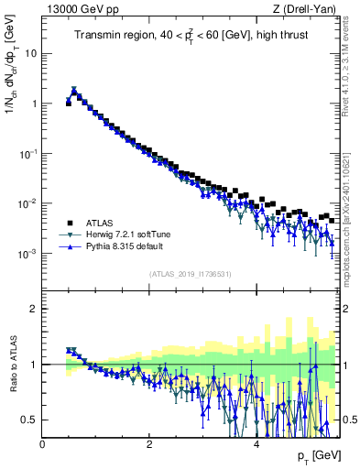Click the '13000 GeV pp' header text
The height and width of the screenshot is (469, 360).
(x=85, y=10)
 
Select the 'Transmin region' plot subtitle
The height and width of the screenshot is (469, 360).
(x=192, y=37)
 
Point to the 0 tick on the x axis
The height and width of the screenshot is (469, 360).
(x=43, y=443)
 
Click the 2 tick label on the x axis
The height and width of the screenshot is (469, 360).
(x=149, y=443)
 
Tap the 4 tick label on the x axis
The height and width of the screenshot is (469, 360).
(x=256, y=443)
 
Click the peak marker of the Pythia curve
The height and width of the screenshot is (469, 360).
(x=74, y=91)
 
